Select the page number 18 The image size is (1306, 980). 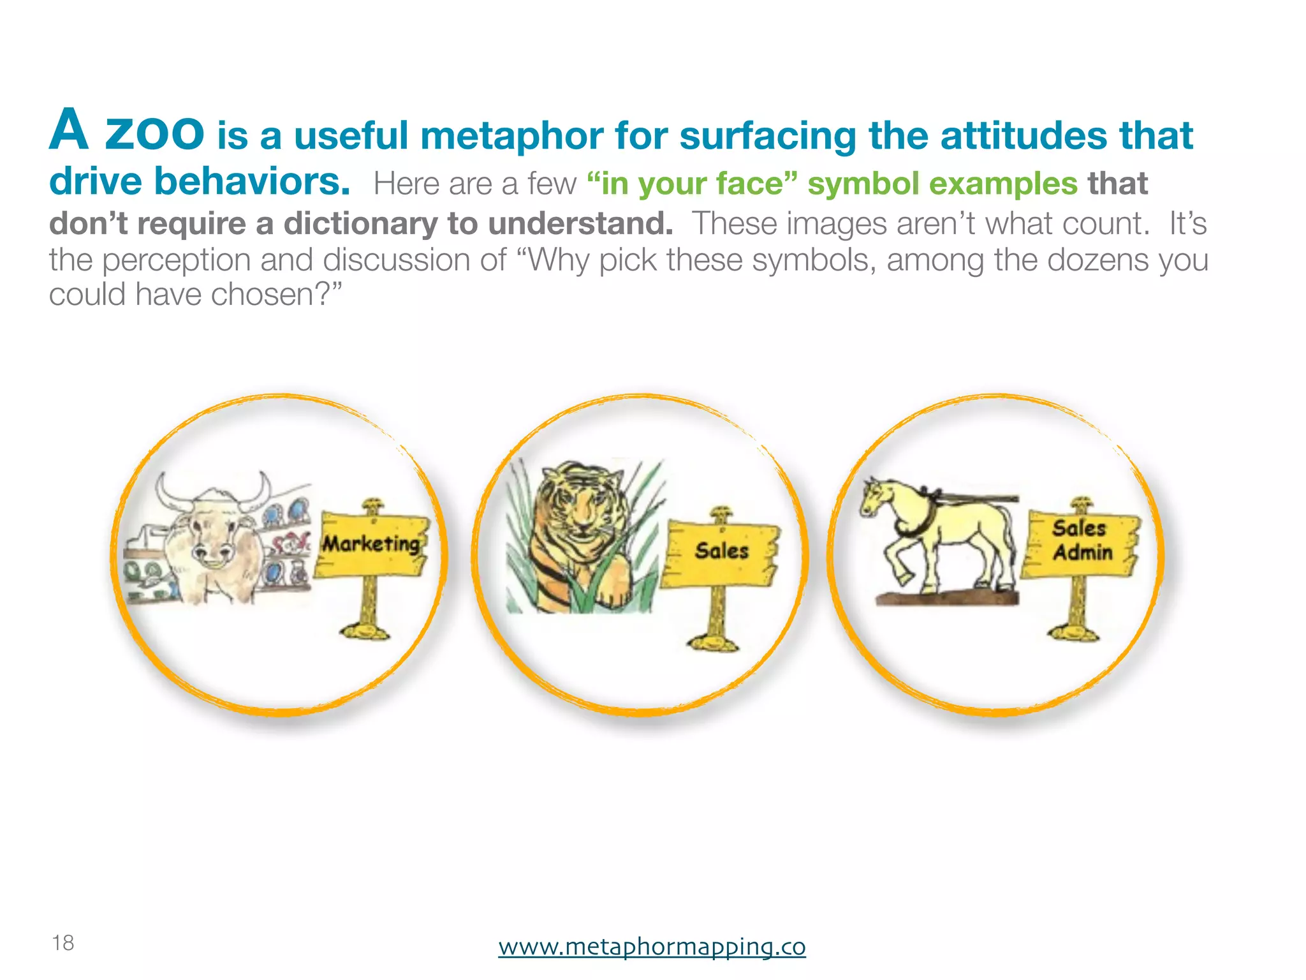[63, 942]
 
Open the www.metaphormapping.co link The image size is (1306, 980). [652, 946]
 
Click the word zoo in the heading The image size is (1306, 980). [154, 132]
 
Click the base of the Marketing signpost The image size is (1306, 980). [364, 631]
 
